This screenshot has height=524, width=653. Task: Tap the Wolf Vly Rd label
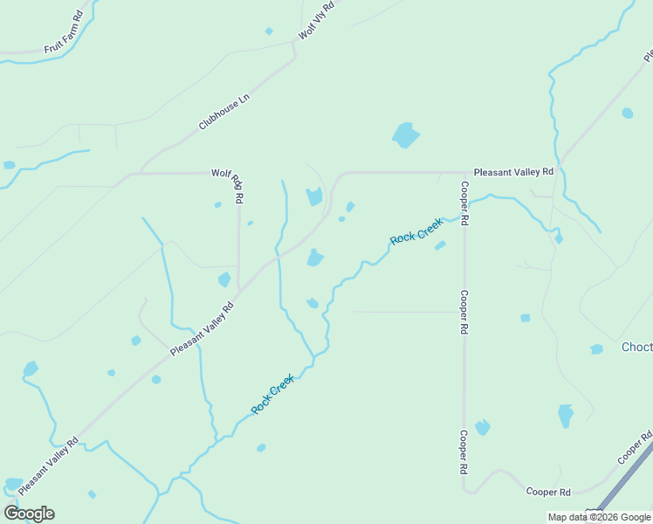point(316,20)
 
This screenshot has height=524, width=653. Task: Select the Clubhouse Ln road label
point(223,112)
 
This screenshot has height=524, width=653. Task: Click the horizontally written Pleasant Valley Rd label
point(513,172)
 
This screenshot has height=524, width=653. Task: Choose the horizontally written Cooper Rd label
point(548,492)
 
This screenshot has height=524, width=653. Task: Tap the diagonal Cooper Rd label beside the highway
point(635,447)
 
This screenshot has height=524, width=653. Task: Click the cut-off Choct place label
point(636,347)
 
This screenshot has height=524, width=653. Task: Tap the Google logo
point(29,513)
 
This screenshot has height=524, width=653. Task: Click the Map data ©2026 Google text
point(599,517)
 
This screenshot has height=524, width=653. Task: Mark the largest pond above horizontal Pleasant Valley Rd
point(405,134)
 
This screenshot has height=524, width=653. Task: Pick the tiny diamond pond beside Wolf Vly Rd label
point(269,31)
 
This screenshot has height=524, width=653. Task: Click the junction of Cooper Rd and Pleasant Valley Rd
point(464,173)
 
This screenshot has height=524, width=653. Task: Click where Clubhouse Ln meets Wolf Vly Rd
point(295,58)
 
